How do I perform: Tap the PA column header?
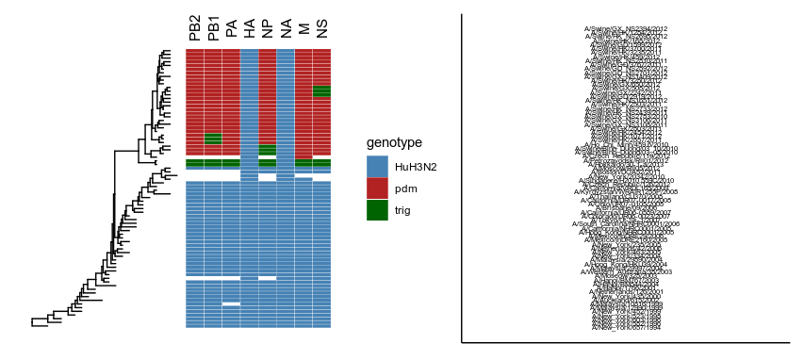click(231, 31)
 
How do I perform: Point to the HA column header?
click(249, 31)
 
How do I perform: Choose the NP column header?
click(268, 31)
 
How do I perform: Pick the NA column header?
click(286, 31)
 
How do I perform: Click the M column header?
click(304, 33)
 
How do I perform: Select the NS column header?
click(322, 31)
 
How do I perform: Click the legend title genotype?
click(394, 142)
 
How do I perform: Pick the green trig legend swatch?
click(377, 209)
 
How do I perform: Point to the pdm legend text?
click(406, 188)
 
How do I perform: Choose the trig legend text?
click(404, 210)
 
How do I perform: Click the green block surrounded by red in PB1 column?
click(213, 139)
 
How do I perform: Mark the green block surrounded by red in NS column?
click(322, 91)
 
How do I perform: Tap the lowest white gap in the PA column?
click(231, 304)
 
